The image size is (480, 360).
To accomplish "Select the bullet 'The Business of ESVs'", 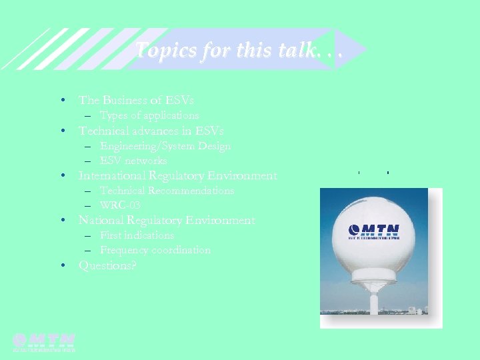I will [136, 100].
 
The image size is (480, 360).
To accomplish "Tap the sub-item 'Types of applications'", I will [149, 115].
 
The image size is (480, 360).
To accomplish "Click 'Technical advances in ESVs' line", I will [151, 131].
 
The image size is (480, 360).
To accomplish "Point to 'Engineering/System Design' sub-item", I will [165, 146].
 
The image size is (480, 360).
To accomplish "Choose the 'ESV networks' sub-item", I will [133, 161].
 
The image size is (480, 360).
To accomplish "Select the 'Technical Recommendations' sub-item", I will [167, 191].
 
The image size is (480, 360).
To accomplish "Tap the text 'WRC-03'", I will [120, 205].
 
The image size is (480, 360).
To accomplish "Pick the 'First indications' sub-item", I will [137, 235].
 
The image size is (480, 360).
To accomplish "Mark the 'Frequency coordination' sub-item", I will [155, 250].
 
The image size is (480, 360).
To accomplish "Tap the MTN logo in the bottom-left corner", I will [44, 341].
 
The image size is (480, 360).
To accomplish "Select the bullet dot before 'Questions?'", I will [62, 265].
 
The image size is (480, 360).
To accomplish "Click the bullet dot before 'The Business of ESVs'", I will [62, 100].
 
